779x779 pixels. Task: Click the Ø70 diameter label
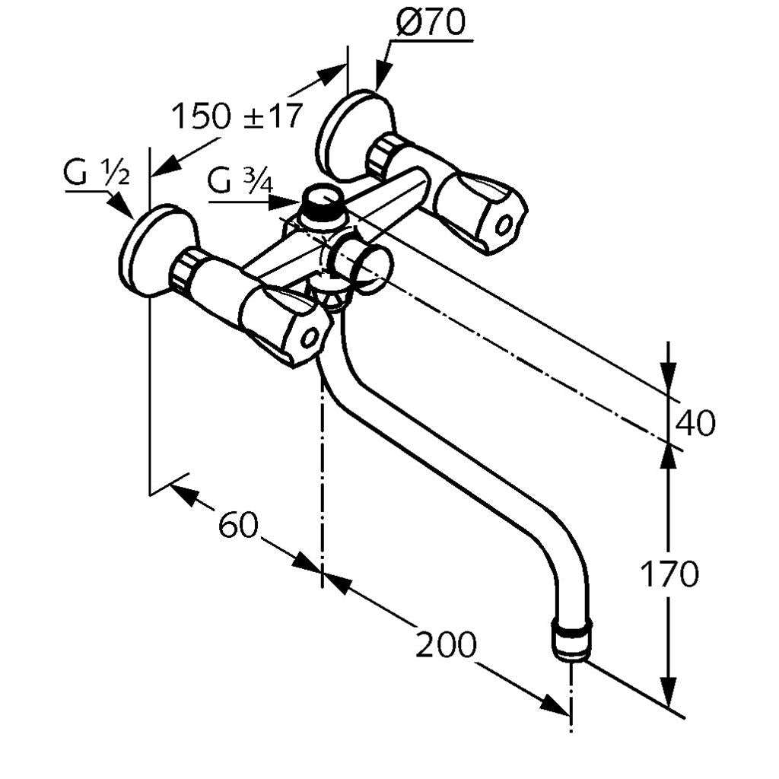click(x=431, y=24)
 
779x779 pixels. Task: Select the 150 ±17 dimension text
click(x=237, y=116)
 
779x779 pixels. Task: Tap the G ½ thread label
click(x=97, y=174)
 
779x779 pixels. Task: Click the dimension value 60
click(x=238, y=525)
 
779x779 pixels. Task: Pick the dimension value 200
click(x=446, y=645)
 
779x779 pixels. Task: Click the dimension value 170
click(x=669, y=574)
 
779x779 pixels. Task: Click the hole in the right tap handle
click(x=504, y=224)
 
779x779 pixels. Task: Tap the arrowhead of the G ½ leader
click(x=121, y=206)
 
